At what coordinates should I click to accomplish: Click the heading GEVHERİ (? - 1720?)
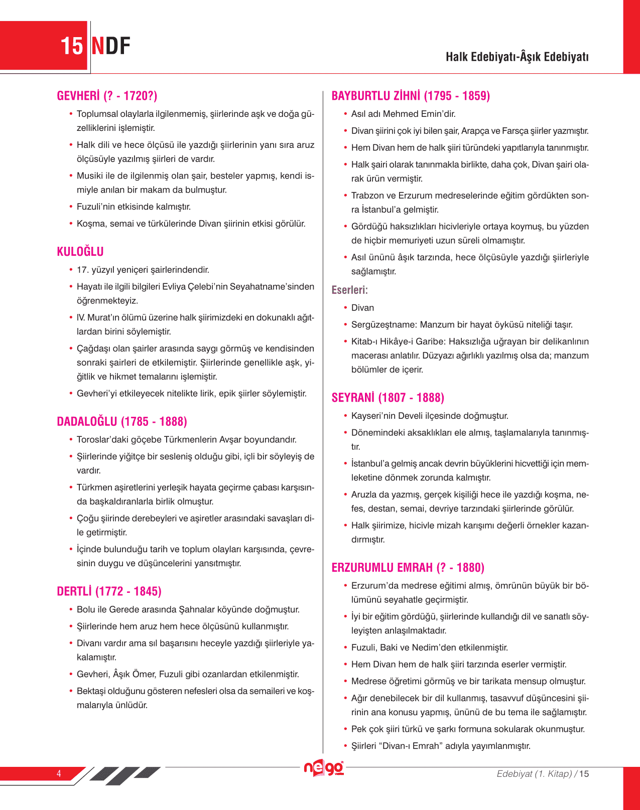[x=107, y=96]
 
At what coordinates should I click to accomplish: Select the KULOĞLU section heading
[x=80, y=251]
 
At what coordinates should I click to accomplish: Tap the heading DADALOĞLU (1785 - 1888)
[x=122, y=421]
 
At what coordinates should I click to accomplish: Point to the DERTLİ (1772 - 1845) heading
[x=109, y=591]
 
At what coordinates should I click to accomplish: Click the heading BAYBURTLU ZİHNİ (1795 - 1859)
[x=411, y=96]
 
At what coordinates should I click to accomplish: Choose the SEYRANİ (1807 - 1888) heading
[x=388, y=398]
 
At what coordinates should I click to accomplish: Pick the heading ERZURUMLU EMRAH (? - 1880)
[x=408, y=567]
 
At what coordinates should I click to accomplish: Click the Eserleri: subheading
[x=349, y=290]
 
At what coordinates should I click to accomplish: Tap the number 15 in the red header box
[x=71, y=46]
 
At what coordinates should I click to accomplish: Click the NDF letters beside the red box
[x=111, y=46]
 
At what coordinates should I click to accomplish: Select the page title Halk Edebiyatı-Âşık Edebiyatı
[x=517, y=57]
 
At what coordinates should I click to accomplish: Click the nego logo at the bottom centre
[x=324, y=768]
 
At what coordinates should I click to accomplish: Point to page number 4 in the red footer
[x=59, y=773]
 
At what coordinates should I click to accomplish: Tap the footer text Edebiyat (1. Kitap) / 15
[x=543, y=773]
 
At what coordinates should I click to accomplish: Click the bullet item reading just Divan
[x=362, y=308]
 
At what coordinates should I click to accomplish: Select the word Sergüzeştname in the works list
[x=383, y=325]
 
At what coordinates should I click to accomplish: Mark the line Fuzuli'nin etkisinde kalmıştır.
[x=134, y=207]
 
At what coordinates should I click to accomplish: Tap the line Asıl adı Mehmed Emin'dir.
[x=403, y=114]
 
